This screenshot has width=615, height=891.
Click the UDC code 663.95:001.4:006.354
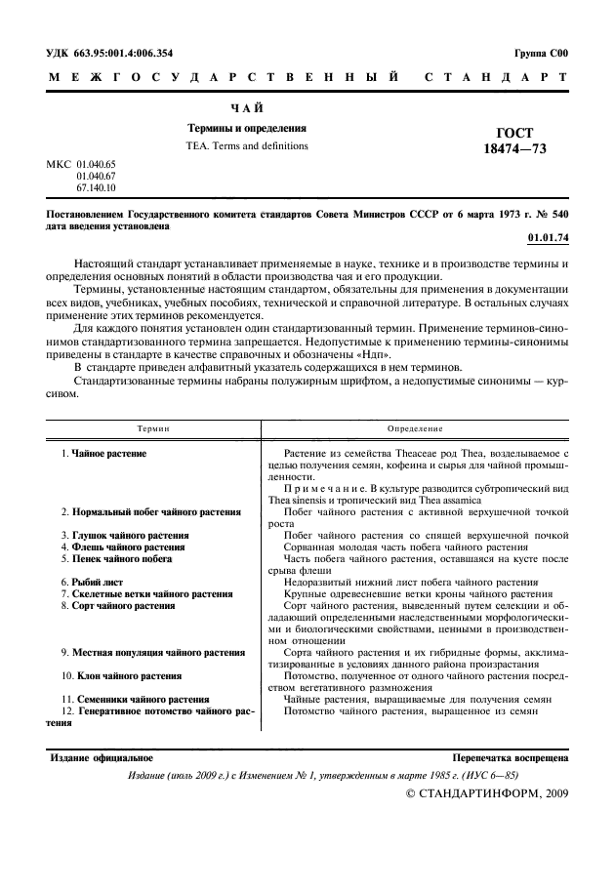117,54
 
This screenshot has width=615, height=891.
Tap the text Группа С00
540,54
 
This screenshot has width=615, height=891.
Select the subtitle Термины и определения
247,128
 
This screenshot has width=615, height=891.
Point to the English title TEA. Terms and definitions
247,146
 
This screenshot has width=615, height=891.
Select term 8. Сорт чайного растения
117,605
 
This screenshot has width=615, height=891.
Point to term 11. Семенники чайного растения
135,699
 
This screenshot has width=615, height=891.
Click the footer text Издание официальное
101,757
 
